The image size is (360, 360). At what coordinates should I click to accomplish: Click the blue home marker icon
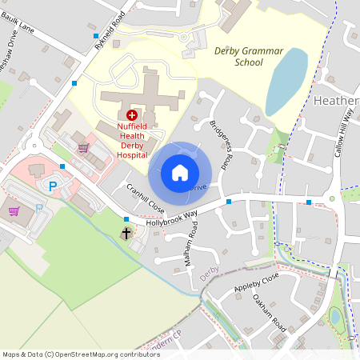(x=180, y=173)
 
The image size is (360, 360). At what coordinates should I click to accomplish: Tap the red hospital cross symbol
(x=132, y=115)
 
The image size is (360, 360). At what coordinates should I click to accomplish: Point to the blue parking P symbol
(x=54, y=186)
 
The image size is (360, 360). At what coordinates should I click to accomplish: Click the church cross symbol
(x=126, y=233)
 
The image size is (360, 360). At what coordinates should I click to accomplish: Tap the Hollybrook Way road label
(x=171, y=218)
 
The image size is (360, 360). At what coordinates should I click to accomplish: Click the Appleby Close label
(x=256, y=281)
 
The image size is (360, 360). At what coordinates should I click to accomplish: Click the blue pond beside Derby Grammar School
(x=286, y=81)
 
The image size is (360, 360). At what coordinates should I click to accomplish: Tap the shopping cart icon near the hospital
(x=83, y=148)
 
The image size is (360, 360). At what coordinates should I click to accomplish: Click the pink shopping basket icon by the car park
(x=14, y=211)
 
